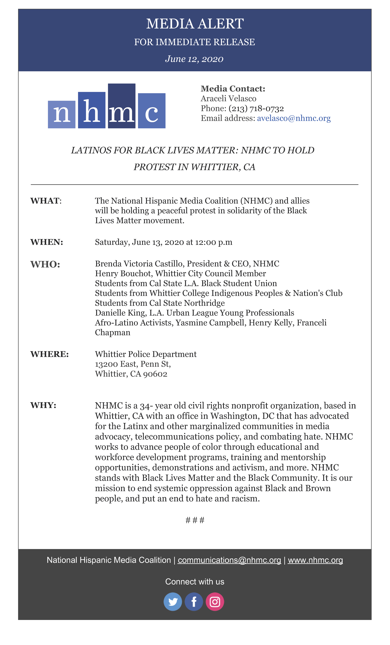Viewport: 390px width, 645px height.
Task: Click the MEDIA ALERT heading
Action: coord(195,24)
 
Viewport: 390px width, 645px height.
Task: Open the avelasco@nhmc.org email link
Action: coord(294,118)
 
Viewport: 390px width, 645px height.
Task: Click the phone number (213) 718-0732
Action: coord(256,108)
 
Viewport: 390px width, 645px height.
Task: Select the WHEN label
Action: coord(47,242)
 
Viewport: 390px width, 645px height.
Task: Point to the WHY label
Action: coord(43,405)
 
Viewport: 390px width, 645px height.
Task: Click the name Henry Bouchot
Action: coord(124,274)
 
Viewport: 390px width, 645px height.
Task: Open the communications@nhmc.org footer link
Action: coord(229,560)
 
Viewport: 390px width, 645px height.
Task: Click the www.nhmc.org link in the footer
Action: coord(315,560)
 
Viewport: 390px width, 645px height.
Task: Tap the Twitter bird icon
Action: coord(173,602)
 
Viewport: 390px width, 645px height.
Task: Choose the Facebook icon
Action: coord(194,602)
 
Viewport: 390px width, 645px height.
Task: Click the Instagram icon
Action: coord(215,602)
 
